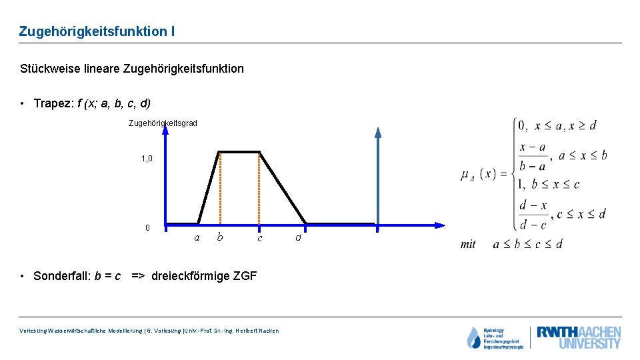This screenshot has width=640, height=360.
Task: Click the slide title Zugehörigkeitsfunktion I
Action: click(97, 31)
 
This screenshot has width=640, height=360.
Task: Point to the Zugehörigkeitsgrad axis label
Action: click(163, 123)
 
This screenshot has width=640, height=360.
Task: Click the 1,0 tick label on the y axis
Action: click(147, 159)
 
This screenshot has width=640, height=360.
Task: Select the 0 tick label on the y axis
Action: click(148, 228)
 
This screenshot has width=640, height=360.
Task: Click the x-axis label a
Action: click(197, 237)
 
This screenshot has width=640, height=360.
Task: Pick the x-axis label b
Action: click(219, 237)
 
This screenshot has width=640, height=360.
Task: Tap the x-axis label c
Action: click(260, 238)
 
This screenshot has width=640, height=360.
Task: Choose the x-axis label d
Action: click(298, 237)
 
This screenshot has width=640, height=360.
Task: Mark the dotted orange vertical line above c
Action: click(259, 190)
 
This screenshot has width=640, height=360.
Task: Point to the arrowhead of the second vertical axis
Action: click(378, 132)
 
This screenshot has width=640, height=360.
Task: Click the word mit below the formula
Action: click(468, 245)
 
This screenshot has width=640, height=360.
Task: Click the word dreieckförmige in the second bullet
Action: click(191, 276)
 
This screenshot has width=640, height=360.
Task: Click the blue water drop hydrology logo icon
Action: click(473, 338)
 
